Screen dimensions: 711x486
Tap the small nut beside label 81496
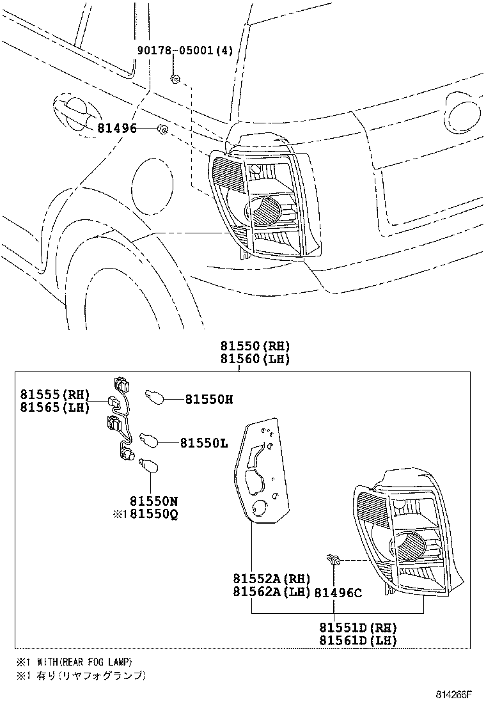click(x=162, y=130)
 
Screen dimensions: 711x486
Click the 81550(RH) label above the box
click(x=255, y=346)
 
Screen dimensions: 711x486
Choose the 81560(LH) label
click(x=255, y=359)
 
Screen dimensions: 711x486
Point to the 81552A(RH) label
click(x=267, y=579)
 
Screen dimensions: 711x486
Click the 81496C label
click(x=338, y=593)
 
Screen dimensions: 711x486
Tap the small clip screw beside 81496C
click(x=333, y=561)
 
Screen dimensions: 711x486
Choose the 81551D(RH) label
click(x=359, y=627)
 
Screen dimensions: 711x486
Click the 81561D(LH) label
click(x=359, y=641)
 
